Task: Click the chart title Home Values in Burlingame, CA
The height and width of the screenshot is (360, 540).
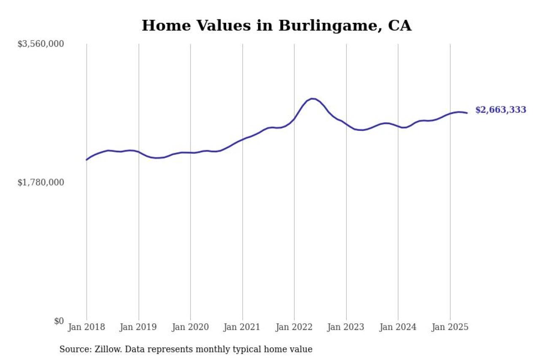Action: (x=276, y=26)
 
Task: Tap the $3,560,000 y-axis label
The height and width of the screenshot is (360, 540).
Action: (x=40, y=44)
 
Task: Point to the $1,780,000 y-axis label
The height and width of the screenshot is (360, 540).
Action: (x=40, y=182)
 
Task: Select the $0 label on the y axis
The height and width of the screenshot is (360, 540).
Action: (x=59, y=321)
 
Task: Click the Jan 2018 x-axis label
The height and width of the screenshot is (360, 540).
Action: (x=87, y=327)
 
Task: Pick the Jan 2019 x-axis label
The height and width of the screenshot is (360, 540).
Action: (x=139, y=327)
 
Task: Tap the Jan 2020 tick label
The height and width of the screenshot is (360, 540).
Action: (x=191, y=327)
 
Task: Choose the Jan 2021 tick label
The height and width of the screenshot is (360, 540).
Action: (x=243, y=327)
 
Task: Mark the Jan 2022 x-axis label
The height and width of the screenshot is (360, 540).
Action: (x=294, y=327)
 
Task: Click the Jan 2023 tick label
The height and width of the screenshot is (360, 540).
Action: (x=346, y=327)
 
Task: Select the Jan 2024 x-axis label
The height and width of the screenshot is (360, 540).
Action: (x=398, y=327)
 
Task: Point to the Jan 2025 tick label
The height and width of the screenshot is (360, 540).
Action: (x=450, y=327)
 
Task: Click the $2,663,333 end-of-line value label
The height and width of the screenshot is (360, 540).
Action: (x=501, y=110)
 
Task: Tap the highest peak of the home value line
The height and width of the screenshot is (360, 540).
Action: (x=312, y=99)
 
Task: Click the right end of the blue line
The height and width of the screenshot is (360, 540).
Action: (x=467, y=113)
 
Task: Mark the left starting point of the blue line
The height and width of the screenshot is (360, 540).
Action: (x=86, y=160)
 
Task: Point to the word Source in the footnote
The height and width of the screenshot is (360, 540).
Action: (x=73, y=349)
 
